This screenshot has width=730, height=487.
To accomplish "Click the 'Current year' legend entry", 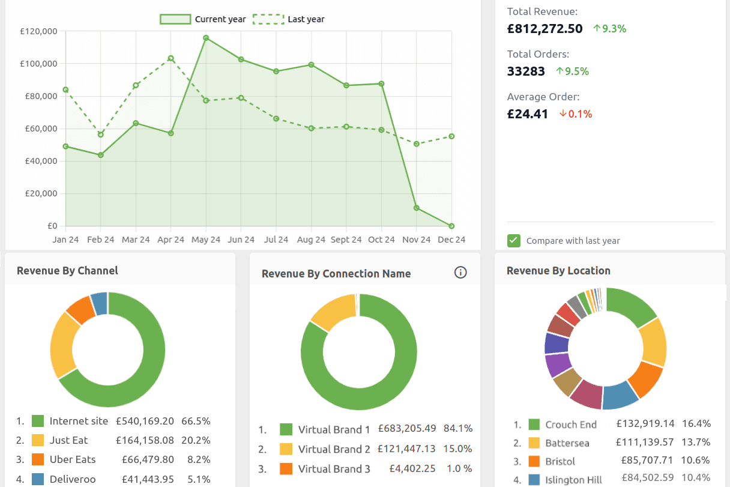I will click(203, 19).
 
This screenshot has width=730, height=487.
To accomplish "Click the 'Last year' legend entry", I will click(289, 19).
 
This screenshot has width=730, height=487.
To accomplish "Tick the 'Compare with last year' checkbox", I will click(514, 241).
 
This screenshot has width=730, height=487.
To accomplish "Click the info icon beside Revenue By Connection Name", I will click(460, 273).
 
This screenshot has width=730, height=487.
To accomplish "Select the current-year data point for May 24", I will click(206, 38).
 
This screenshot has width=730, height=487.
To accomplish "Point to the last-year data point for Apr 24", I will click(171, 58).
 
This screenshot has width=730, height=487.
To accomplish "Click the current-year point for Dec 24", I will click(451, 226).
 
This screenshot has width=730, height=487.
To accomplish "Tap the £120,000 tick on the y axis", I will click(38, 31).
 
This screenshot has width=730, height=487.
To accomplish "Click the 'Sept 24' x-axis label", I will click(346, 240).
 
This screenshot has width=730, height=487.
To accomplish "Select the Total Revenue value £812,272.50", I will click(544, 28).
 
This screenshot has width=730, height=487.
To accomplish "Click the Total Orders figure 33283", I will click(526, 71).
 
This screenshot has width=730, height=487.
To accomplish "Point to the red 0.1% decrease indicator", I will click(575, 114).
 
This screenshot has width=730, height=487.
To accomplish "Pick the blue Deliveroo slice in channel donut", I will click(100, 303).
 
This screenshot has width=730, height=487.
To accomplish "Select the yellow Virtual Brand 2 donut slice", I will click(334, 311).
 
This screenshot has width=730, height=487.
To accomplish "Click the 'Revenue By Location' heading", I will click(558, 271).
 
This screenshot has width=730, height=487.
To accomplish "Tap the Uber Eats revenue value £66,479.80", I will click(145, 459).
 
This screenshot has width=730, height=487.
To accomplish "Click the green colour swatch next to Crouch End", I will click(534, 425).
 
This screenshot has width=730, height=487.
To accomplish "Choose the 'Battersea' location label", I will click(567, 443).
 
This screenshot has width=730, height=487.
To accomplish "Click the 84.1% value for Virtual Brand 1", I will click(458, 429).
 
